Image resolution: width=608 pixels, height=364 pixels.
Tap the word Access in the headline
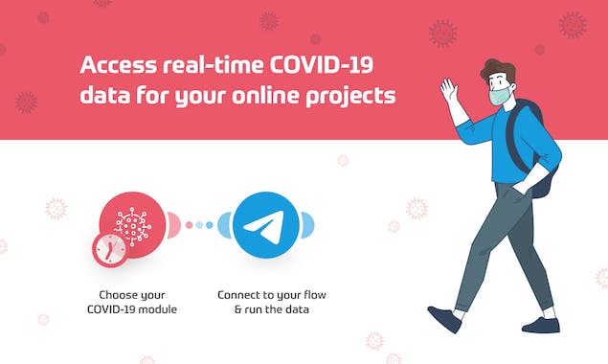(119, 67)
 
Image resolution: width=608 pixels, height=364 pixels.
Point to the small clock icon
(110, 249)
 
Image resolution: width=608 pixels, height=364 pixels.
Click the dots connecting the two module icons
(199, 225)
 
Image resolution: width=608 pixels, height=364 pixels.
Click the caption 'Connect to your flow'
(263, 294)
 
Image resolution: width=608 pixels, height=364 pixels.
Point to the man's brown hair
(499, 70)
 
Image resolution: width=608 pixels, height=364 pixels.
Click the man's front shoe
(444, 318)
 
